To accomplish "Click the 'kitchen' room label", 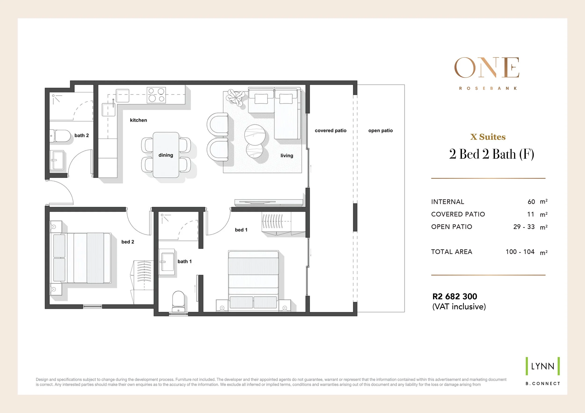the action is [x=138, y=120].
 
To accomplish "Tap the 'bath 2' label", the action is [x=81, y=135].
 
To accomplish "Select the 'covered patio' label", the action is [x=330, y=131].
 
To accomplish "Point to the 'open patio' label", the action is [x=380, y=131].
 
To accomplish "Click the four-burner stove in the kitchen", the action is [x=156, y=95].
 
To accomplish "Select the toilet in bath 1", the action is [x=178, y=301].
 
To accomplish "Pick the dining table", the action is [x=166, y=155].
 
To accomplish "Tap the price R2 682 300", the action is [x=455, y=296].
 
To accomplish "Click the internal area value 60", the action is [x=531, y=202].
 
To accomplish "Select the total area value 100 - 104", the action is [x=520, y=252].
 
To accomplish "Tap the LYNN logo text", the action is [x=543, y=366].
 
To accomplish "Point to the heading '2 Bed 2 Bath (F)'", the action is [x=491, y=154].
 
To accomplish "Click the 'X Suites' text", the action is [x=488, y=137].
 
